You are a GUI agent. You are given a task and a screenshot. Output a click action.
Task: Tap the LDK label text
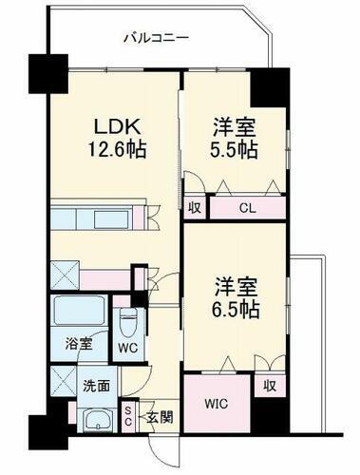pyautogui.click(x=111, y=126)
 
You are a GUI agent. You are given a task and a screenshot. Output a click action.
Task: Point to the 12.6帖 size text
pyautogui.click(x=111, y=148)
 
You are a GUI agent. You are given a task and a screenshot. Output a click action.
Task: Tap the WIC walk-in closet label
pyautogui.click(x=217, y=402)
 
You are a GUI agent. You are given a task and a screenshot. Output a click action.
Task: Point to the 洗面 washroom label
pyautogui.click(x=97, y=387)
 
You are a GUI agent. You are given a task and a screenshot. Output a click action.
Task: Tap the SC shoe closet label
pyautogui.click(x=130, y=417)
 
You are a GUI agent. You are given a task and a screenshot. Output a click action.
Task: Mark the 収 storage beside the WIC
pyautogui.click(x=270, y=387)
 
